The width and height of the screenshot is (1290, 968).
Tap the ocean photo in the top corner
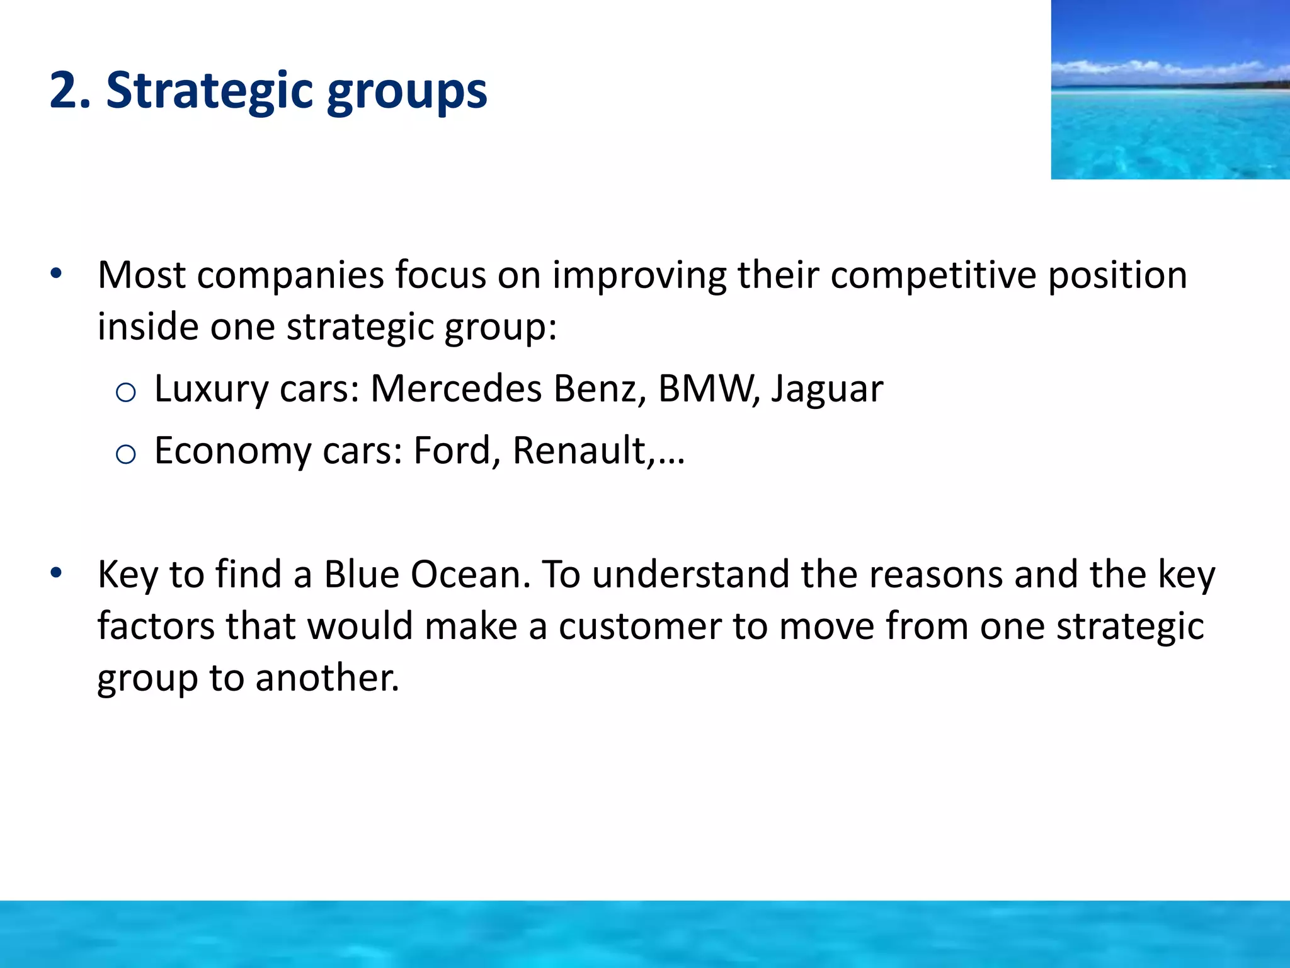point(1170,89)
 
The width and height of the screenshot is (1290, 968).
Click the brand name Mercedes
point(456,388)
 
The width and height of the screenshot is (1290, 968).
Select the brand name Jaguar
point(827,389)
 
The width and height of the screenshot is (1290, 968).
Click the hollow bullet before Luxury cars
point(126,393)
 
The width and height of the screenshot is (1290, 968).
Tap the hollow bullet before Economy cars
point(126,454)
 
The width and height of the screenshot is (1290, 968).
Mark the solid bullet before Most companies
point(56,274)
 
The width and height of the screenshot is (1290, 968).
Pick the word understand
point(690,574)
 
